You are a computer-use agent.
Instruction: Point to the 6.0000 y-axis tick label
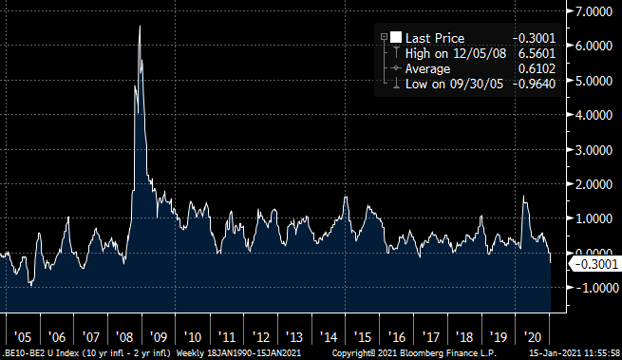click(596, 46)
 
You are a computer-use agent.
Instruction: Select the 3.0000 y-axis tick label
click(596, 149)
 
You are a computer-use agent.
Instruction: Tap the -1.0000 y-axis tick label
click(594, 288)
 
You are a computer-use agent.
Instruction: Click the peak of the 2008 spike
click(140, 26)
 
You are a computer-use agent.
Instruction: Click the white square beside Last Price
click(397, 37)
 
